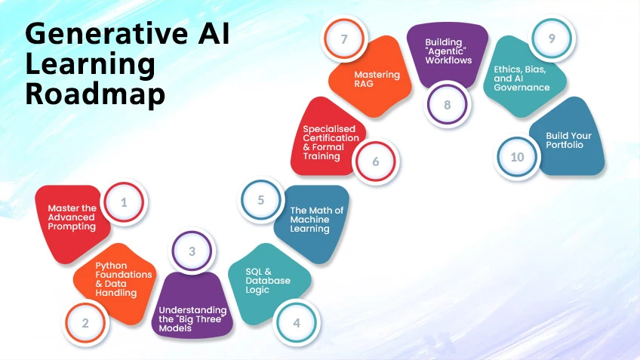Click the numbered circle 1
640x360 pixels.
[124, 202]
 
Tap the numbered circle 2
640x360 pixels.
[85, 323]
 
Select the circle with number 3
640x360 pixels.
[192, 251]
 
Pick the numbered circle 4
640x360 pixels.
[297, 323]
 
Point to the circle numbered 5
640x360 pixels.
[261, 201]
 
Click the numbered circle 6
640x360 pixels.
[376, 162]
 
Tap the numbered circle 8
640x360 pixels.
[448, 104]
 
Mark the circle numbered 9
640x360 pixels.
[552, 38]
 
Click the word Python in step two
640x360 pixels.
[110, 265]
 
